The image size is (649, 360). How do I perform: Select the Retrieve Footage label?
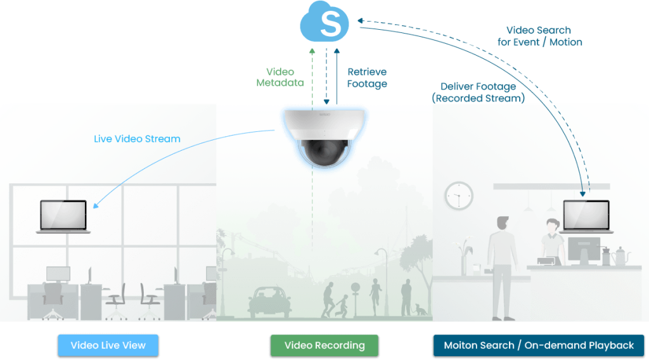point(367,78)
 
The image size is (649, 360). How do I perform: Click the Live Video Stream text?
point(137,139)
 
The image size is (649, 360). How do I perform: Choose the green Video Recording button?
point(324,345)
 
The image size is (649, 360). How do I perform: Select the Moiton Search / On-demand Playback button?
point(539,345)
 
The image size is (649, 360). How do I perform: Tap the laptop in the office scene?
point(63,217)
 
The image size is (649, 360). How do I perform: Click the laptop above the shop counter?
point(586,217)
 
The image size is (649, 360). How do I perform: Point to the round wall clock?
point(459,196)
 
